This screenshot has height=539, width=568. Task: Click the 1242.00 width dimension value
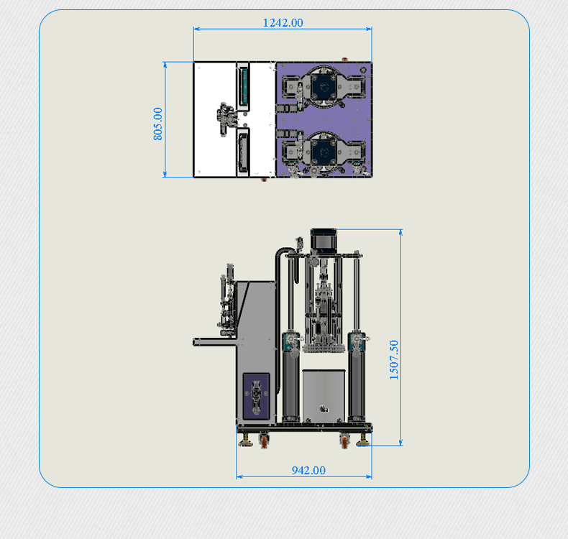[283, 23]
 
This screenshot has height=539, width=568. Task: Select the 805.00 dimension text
[158, 124]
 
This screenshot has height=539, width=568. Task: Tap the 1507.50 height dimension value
[394, 360]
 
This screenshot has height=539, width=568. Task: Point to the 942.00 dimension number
[308, 470]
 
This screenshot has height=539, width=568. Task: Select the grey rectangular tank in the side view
[324, 396]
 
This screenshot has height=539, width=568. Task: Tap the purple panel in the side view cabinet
[256, 396]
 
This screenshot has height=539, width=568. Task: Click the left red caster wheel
[264, 441]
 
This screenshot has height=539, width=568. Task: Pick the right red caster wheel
[344, 441]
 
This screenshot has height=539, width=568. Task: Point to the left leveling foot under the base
[246, 441]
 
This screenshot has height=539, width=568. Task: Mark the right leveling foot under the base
[362, 441]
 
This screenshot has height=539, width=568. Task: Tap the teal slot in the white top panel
[243, 86]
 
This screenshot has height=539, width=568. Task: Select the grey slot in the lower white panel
[243, 152]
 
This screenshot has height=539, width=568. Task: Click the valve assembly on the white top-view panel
[226, 119]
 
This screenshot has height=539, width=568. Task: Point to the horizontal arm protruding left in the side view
[215, 341]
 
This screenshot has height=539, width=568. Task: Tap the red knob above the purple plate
[344, 59]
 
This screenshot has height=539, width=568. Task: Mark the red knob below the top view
[264, 179]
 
